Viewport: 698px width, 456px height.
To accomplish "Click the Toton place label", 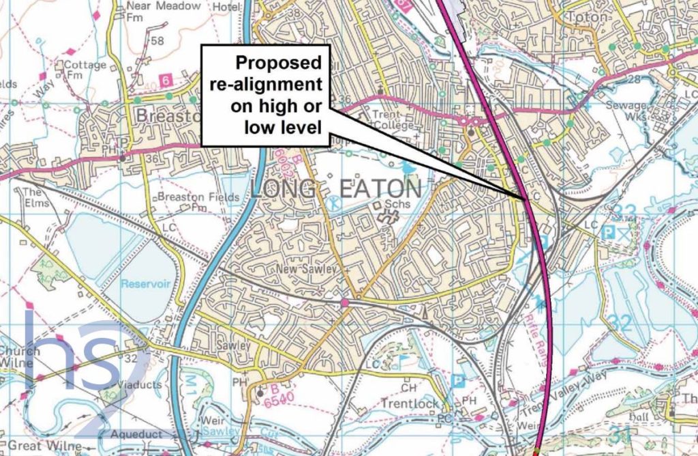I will click(x=581, y=16).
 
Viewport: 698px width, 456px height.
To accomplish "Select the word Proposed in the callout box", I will click(x=278, y=63).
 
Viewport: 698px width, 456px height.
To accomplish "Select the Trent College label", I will click(x=389, y=120).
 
